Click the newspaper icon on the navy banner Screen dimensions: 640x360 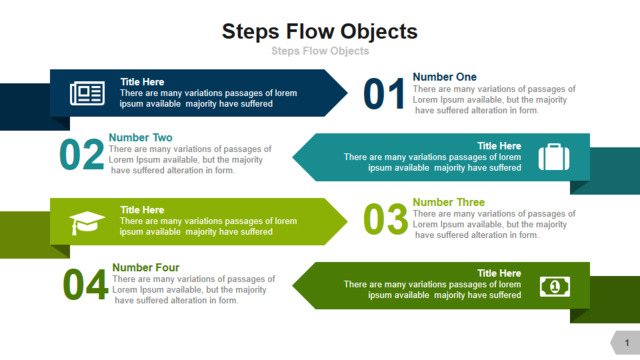click(x=87, y=93)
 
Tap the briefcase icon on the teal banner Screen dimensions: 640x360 click(x=554, y=157)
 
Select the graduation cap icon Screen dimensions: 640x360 click(x=87, y=223)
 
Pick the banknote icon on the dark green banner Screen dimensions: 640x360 click(x=555, y=287)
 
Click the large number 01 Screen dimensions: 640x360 click(x=384, y=94)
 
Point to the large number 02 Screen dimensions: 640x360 click(x=82, y=154)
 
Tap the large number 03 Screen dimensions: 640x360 click(x=385, y=220)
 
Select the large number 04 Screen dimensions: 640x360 click(x=85, y=284)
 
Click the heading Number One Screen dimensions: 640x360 click(x=444, y=77)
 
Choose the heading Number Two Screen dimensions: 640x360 click(x=140, y=138)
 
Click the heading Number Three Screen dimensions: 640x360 click(x=449, y=202)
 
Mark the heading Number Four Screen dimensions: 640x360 click(x=146, y=267)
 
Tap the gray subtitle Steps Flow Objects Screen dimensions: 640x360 click(x=320, y=51)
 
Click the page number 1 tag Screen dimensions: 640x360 click(x=625, y=342)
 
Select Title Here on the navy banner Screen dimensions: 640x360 click(x=142, y=82)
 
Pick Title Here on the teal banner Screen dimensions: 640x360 click(x=499, y=146)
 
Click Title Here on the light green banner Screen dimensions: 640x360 click(x=142, y=210)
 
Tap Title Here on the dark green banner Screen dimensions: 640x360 click(x=499, y=273)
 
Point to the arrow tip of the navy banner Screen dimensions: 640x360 click(x=347, y=93)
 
